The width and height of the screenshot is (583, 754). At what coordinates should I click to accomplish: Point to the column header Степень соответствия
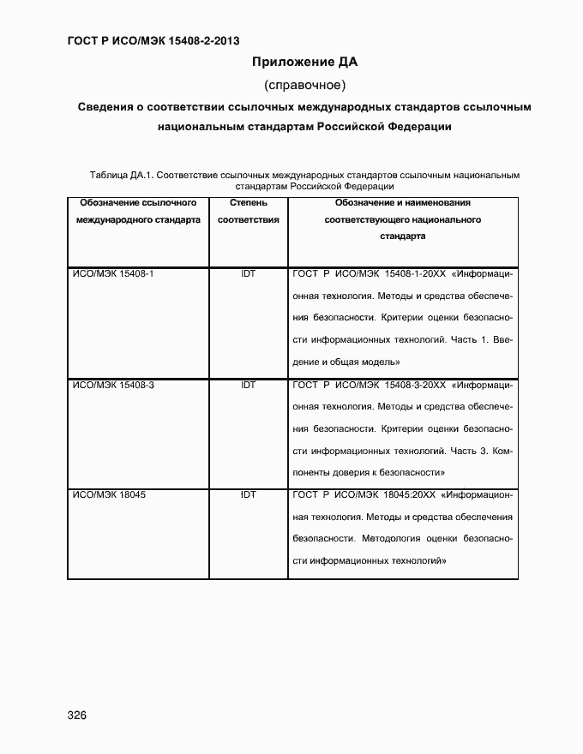[249, 212]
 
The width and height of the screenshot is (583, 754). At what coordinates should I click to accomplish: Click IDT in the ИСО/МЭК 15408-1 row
[249, 273]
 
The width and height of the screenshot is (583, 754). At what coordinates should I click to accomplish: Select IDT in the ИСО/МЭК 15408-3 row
[249, 385]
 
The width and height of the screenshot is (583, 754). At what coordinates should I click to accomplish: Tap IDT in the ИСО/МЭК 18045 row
[249, 495]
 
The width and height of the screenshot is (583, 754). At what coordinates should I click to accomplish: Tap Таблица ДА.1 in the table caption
[121, 176]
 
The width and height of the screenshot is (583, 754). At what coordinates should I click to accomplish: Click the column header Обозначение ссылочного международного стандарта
[138, 212]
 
